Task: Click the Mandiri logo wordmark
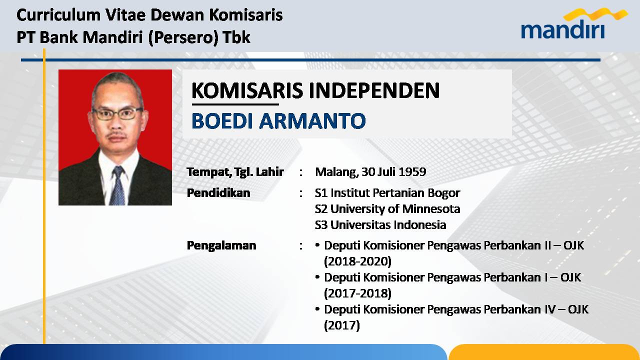pyautogui.click(x=563, y=29)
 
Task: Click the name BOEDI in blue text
pyautogui.click(x=222, y=121)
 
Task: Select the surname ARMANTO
pyautogui.click(x=312, y=121)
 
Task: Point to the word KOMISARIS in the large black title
pyautogui.click(x=247, y=90)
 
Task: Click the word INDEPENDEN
pyautogui.click(x=374, y=90)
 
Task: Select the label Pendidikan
pyautogui.click(x=218, y=193)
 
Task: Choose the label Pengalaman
pyautogui.click(x=221, y=246)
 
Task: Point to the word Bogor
pyautogui.click(x=443, y=193)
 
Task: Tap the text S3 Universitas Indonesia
pyautogui.click(x=380, y=225)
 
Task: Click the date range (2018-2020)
pyautogui.click(x=357, y=261)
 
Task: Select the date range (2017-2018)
pyautogui.click(x=357, y=293)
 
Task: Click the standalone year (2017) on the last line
pyautogui.click(x=341, y=325)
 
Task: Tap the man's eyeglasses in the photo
pyautogui.click(x=117, y=113)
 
